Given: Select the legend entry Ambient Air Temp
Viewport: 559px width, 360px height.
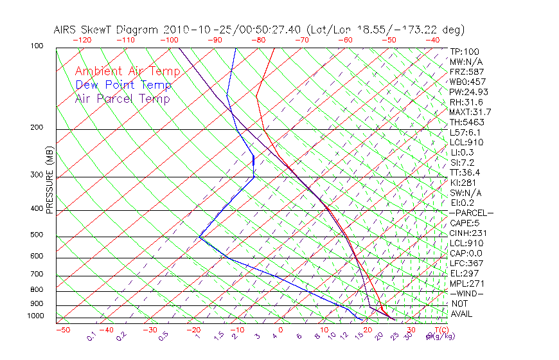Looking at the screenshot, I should tap(127, 71).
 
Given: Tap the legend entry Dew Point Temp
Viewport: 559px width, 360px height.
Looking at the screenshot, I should tap(123, 85).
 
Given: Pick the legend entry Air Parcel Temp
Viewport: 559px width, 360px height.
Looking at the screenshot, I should tap(122, 98).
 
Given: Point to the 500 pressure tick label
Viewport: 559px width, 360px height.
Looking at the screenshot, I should tap(36, 235).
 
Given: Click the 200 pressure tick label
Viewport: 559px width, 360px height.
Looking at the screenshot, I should tap(36, 128).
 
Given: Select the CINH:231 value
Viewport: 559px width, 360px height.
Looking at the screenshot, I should tap(467, 233).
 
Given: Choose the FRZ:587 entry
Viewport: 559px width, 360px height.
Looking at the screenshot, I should tap(467, 72).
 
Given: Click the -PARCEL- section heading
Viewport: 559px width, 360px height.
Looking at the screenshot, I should tap(472, 213).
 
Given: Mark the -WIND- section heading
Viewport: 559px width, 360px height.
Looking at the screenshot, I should tap(467, 293).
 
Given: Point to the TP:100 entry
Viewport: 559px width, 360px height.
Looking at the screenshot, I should tap(465, 51).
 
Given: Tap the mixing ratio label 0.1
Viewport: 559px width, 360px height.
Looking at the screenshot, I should tap(90, 337).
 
